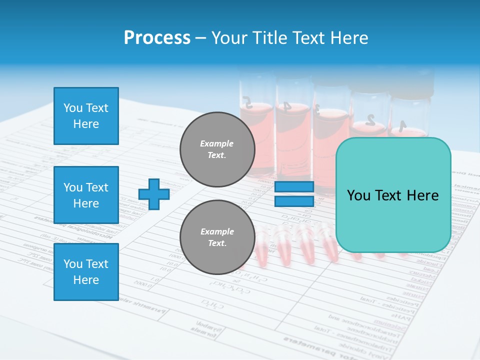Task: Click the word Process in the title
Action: coord(157,38)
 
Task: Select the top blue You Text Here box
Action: coord(86,116)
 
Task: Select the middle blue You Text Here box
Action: coord(86,195)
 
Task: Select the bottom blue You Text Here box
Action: coord(86,271)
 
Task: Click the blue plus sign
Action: coord(153,194)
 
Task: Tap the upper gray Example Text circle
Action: coord(217,149)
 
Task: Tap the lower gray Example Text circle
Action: coord(217,237)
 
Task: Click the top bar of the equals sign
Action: coord(294,187)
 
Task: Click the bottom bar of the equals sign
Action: coord(294,201)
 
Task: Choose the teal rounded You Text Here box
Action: coord(393,195)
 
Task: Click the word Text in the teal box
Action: coord(392,195)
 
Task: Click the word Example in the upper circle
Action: coord(217,143)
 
